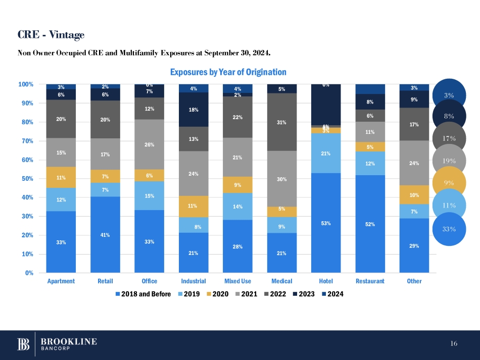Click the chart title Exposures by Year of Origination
click(x=228, y=73)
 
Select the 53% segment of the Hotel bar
click(x=326, y=223)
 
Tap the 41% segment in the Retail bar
click(x=105, y=234)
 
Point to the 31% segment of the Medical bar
click(x=282, y=122)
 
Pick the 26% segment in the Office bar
click(x=150, y=144)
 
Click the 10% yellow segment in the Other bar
click(x=414, y=195)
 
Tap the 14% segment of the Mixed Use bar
click(x=237, y=207)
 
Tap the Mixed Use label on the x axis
click(x=237, y=281)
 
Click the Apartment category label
click(x=61, y=281)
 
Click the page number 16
click(x=454, y=344)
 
